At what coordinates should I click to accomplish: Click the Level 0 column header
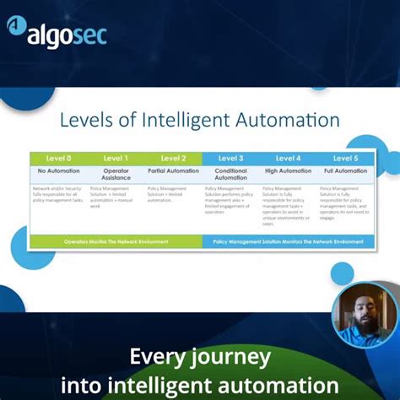pyautogui.click(x=57, y=158)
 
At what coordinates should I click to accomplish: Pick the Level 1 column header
pyautogui.click(x=116, y=158)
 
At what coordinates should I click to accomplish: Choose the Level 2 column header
pyautogui.click(x=173, y=158)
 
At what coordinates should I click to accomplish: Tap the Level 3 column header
pyautogui.click(x=230, y=158)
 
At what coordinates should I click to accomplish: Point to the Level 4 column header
pyautogui.click(x=288, y=158)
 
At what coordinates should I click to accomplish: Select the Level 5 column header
pyautogui.click(x=345, y=158)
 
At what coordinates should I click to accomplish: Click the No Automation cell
pyautogui.click(x=58, y=170)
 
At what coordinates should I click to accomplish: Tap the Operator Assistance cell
pyautogui.click(x=116, y=174)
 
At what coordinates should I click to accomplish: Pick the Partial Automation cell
pyautogui.click(x=173, y=170)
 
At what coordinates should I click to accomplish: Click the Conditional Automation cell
pyautogui.click(x=230, y=174)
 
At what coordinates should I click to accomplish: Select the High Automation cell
pyautogui.click(x=288, y=170)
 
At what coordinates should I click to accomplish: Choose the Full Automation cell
pyautogui.click(x=345, y=170)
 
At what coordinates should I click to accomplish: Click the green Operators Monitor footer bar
pyautogui.click(x=116, y=241)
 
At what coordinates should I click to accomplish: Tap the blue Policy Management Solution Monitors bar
pyautogui.click(x=288, y=241)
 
